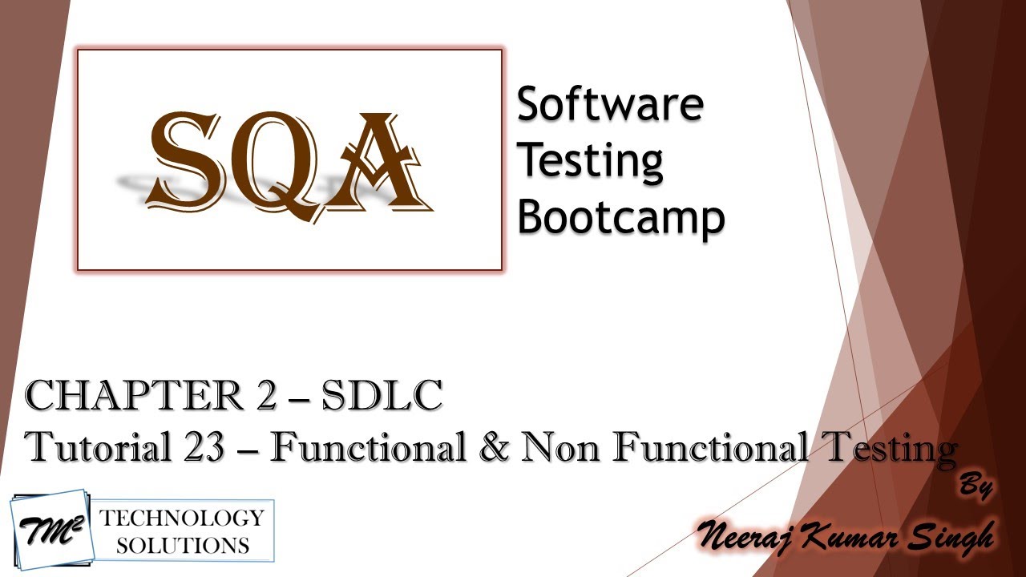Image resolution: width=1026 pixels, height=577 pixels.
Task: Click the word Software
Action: point(610,104)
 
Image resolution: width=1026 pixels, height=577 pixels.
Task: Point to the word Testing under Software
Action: point(590,160)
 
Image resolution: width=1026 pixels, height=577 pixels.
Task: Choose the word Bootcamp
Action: point(620,217)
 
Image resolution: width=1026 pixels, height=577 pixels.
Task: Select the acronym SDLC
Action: point(382,397)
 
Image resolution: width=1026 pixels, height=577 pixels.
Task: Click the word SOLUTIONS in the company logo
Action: point(182,546)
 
